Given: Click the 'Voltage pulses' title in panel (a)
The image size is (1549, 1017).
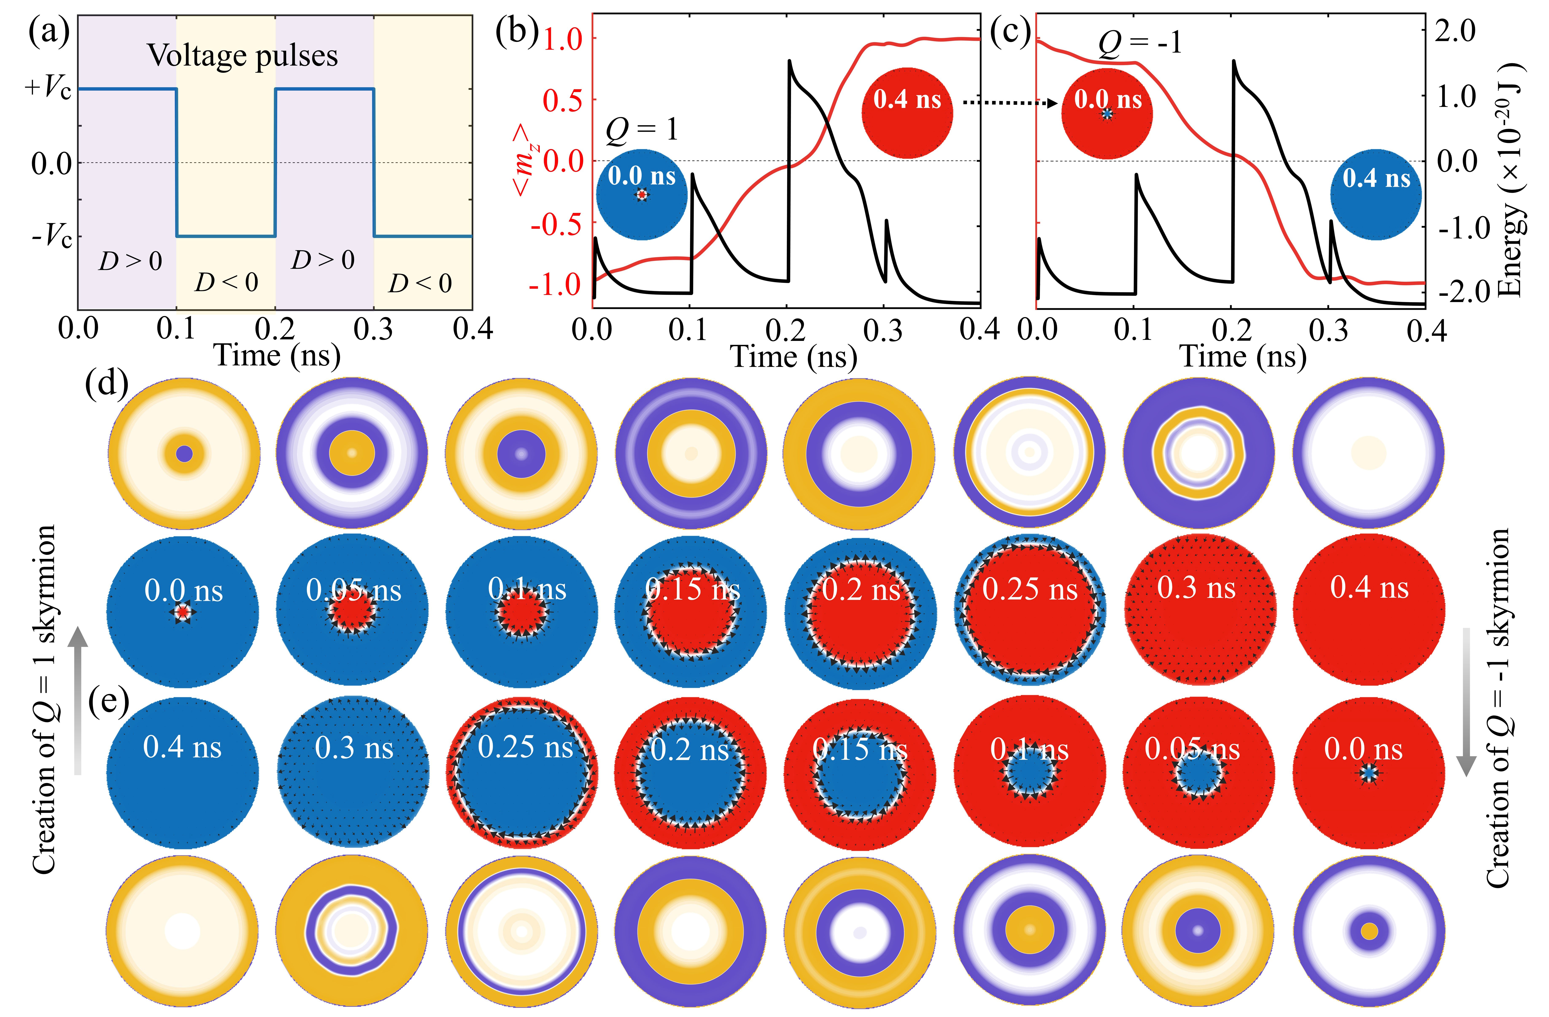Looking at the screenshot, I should pos(243,56).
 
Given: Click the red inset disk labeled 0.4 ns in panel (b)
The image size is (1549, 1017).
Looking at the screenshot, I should pos(907,113).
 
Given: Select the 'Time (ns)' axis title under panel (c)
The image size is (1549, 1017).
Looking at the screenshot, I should pos(1243,356).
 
